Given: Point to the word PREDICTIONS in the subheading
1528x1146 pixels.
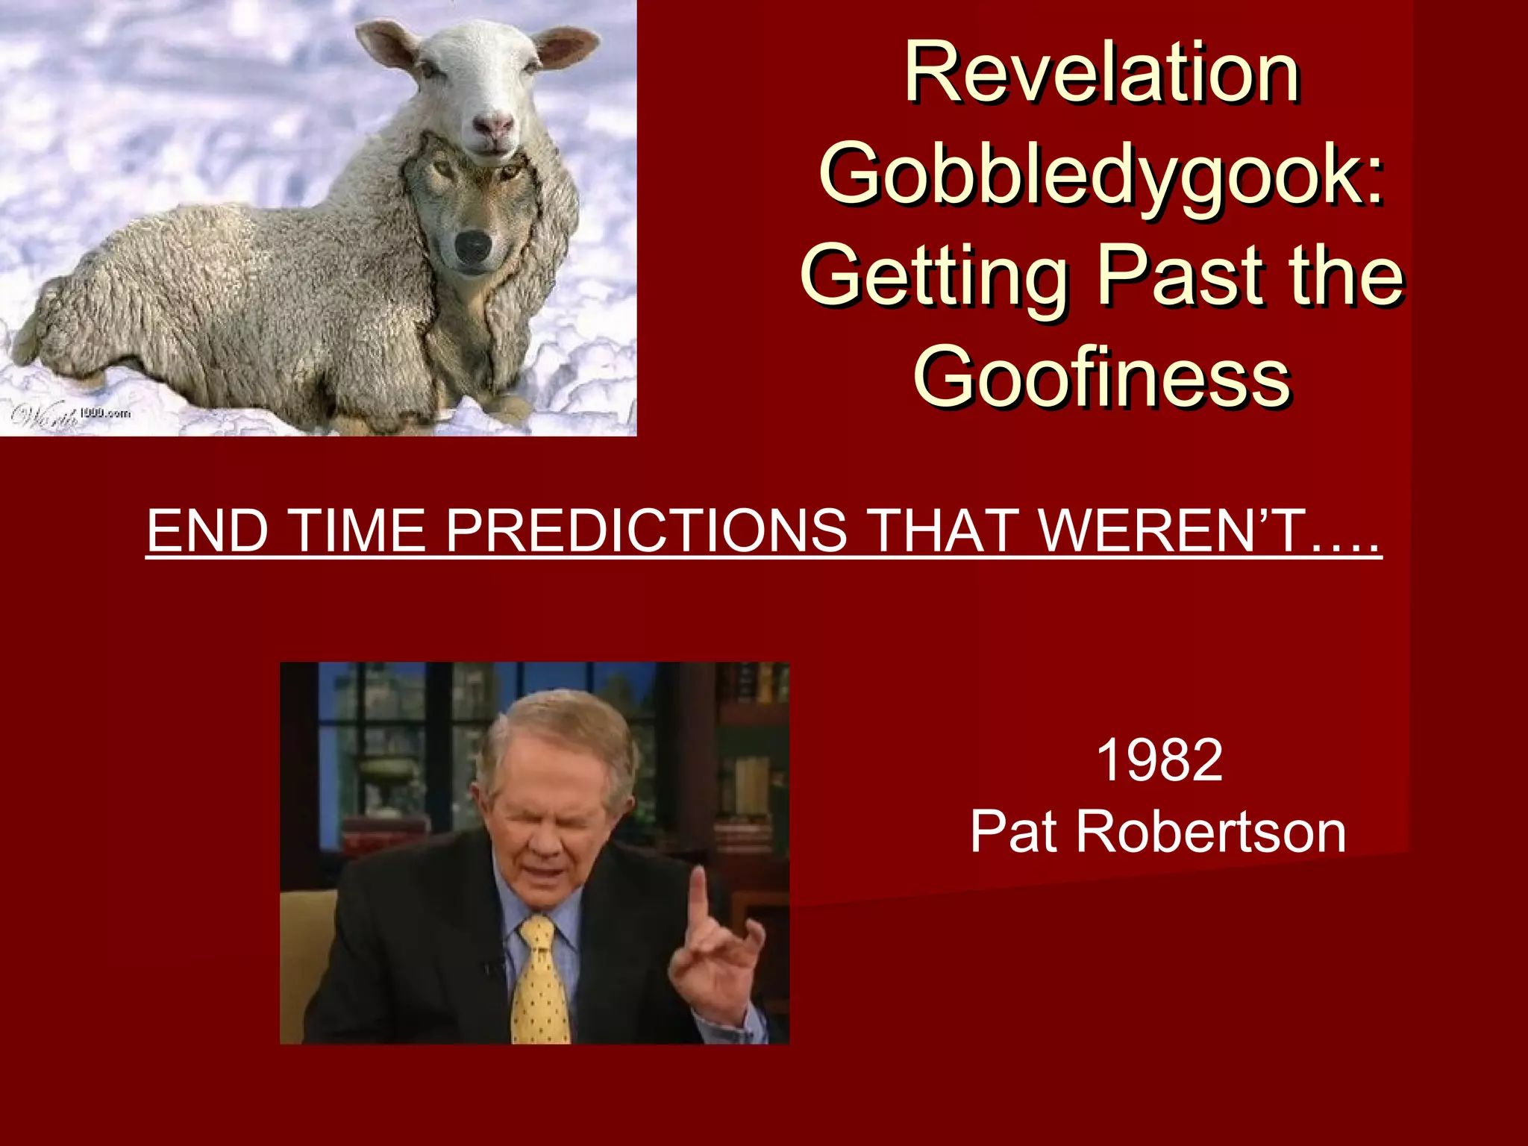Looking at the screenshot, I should [646, 531].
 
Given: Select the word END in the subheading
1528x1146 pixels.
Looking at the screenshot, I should [207, 531].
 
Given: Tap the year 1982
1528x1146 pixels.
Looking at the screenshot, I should [1159, 760].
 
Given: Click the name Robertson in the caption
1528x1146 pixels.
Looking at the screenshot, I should [1210, 832].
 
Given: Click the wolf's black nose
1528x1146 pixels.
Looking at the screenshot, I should [473, 245].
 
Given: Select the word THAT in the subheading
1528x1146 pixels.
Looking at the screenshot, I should [945, 531].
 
